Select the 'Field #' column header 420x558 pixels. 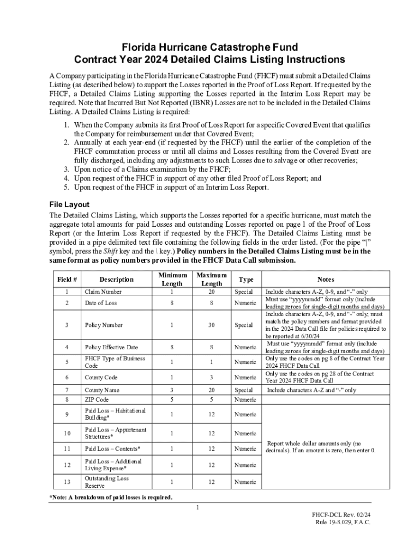tap(67, 280)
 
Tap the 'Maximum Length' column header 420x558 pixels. tap(212, 280)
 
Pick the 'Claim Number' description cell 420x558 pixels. tap(103, 292)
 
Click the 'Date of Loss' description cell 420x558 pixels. tap(100, 303)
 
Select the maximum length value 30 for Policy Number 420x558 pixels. tap(212, 325)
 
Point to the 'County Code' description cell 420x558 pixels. tap(101, 377)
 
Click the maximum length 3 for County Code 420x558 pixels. tap(212, 377)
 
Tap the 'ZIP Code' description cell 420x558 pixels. tap(97, 399)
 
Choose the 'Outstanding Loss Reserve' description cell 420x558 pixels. tap(107, 482)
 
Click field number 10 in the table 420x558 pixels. tap(67, 433)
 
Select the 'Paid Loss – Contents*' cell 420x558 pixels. tap(112, 448)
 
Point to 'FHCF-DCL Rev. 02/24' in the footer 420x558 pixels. tap(341, 514)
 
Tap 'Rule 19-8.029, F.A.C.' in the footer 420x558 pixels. tap(343, 522)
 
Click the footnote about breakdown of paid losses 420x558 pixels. tap(111, 497)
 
